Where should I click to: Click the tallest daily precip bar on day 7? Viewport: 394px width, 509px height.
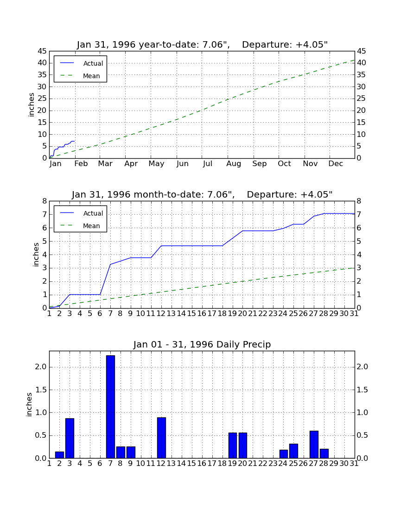(x=110, y=407)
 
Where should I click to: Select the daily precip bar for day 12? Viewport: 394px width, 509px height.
(x=161, y=438)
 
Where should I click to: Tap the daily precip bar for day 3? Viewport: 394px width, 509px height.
(x=70, y=438)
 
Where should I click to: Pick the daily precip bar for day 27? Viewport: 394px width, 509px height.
(x=314, y=444)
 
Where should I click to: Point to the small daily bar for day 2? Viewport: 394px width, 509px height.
(x=59, y=455)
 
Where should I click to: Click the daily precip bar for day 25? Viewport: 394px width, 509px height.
(x=293, y=451)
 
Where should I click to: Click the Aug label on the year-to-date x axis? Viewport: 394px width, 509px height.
(x=234, y=164)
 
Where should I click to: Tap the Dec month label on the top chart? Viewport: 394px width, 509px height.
(x=336, y=164)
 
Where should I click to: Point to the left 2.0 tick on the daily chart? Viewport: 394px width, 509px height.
(x=41, y=367)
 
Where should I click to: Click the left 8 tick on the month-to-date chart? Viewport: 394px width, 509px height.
(x=45, y=201)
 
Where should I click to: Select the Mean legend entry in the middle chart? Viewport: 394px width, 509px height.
(x=80, y=226)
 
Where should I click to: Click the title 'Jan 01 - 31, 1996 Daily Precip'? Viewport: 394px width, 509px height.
(x=202, y=344)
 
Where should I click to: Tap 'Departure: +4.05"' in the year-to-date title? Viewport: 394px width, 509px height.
(x=285, y=44)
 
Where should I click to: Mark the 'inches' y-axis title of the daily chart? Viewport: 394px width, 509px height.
(x=29, y=404)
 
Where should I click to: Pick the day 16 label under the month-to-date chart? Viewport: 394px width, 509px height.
(x=202, y=314)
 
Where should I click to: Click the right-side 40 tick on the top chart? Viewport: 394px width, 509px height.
(x=361, y=63)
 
